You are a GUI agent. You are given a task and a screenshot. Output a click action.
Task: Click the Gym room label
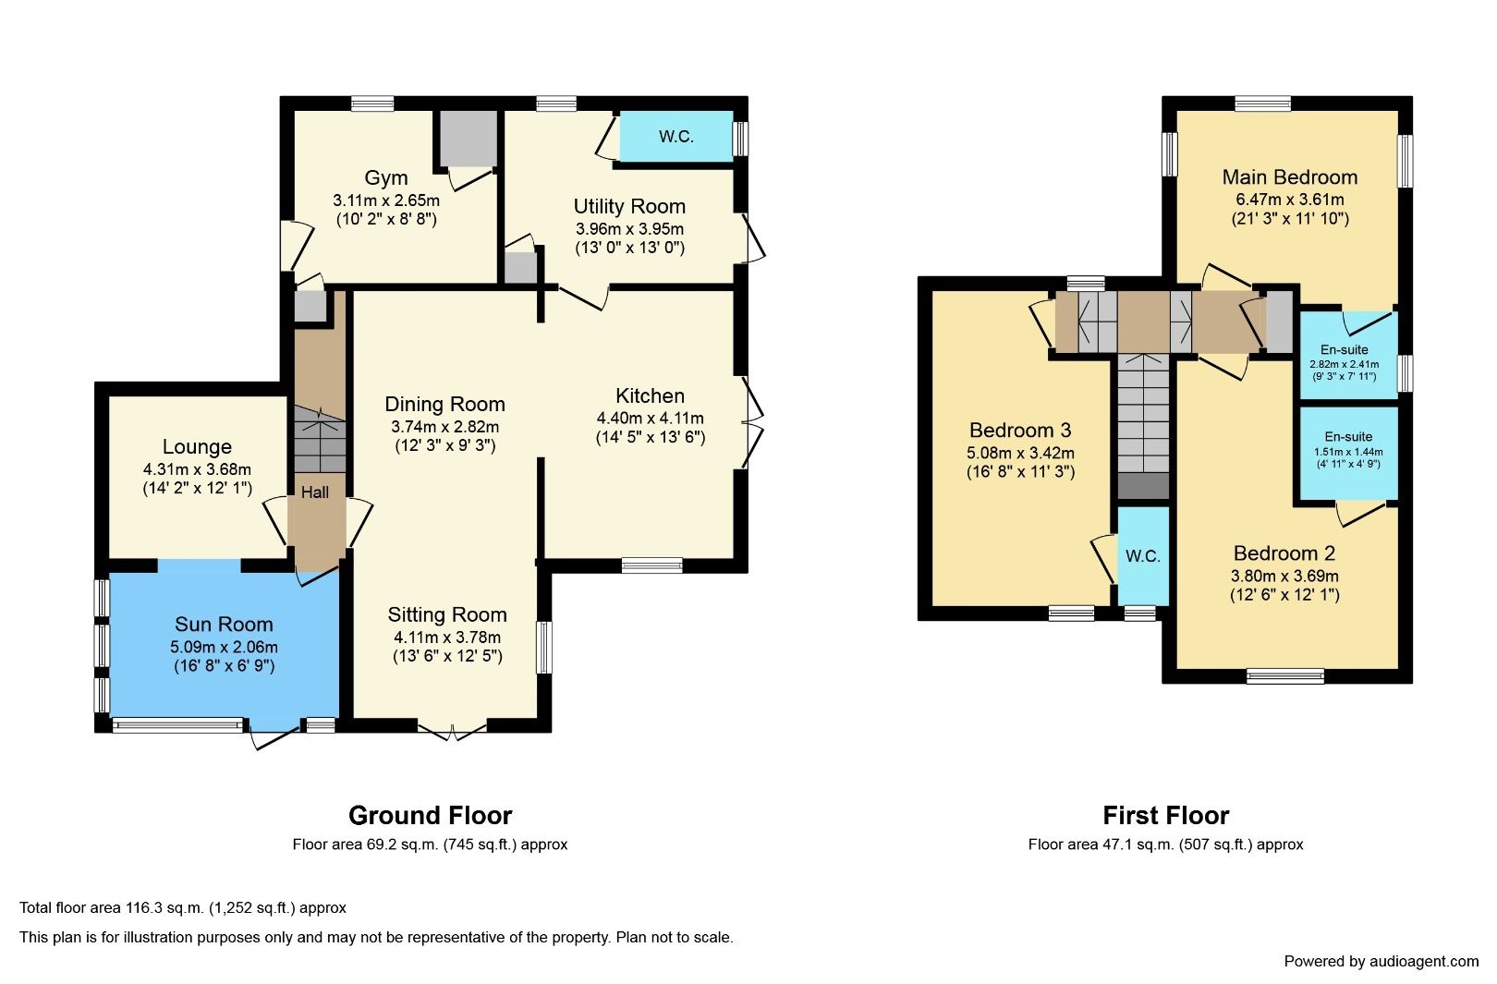click(x=385, y=177)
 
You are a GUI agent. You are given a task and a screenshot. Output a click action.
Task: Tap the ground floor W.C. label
click(x=675, y=137)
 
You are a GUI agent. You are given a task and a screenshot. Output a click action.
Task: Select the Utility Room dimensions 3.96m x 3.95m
click(x=629, y=228)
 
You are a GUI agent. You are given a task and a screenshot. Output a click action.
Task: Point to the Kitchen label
click(x=650, y=395)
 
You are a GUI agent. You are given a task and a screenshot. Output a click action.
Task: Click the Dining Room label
click(x=444, y=404)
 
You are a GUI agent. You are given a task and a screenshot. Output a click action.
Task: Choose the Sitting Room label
click(x=447, y=614)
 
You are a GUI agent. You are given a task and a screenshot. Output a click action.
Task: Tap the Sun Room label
click(x=224, y=624)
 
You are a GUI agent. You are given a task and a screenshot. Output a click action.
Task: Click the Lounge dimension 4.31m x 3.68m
click(x=197, y=469)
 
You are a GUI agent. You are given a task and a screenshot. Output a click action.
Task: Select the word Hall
click(x=314, y=492)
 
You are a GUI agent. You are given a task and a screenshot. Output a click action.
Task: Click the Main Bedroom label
click(x=1289, y=176)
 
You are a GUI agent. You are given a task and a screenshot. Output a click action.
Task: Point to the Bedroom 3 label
click(x=1019, y=430)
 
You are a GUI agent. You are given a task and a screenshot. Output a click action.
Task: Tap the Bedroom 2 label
click(x=1284, y=553)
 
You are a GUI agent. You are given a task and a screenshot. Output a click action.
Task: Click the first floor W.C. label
click(x=1142, y=556)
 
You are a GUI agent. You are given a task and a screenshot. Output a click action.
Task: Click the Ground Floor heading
click(x=430, y=815)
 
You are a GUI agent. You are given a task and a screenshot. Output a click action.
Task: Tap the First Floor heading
click(x=1165, y=815)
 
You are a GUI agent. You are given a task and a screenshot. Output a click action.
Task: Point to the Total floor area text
click(x=183, y=908)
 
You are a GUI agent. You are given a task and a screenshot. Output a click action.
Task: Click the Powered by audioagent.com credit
click(x=1381, y=961)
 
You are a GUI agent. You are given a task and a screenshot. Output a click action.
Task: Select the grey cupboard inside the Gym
click(x=468, y=138)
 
